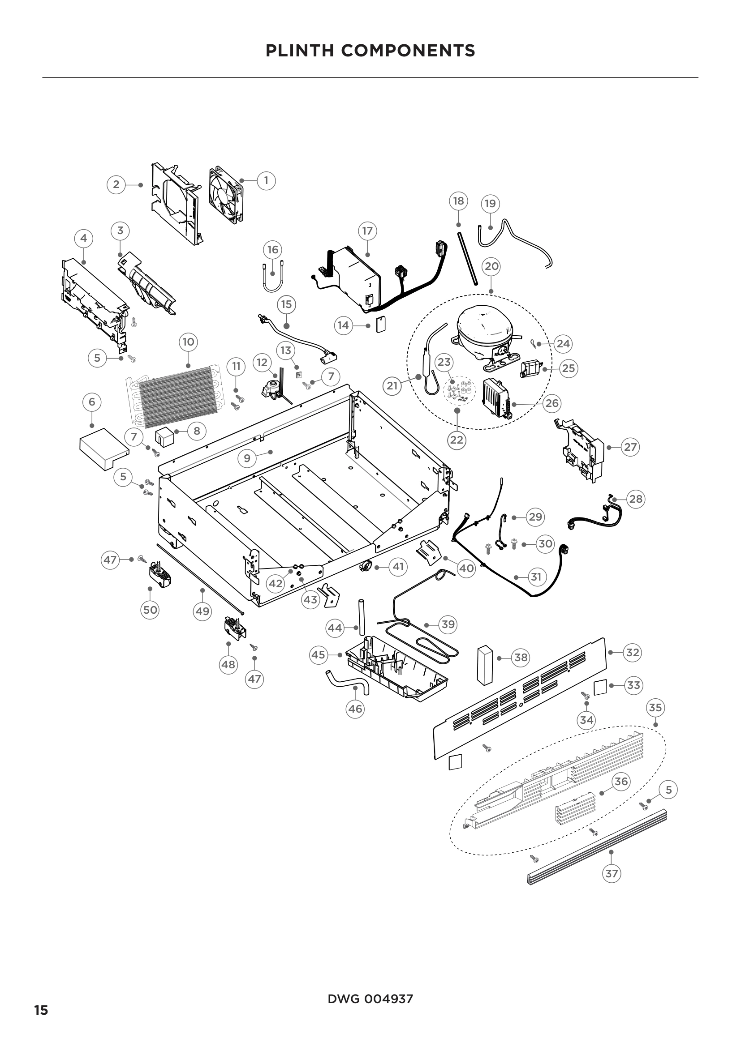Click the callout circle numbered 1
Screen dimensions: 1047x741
[x=267, y=180]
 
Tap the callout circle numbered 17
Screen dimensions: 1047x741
[x=368, y=231]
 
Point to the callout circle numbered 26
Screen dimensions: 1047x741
[x=552, y=403]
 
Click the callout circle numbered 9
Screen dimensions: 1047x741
[x=247, y=458]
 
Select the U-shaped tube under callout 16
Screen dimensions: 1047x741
[x=272, y=278]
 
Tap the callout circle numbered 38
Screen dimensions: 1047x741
[x=521, y=658]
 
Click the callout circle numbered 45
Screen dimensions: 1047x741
[x=318, y=655]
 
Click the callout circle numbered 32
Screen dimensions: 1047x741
[x=633, y=653]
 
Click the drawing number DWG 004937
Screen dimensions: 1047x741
[x=370, y=999]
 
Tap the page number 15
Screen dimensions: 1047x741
[x=41, y=1010]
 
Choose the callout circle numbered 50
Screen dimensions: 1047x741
[x=151, y=610]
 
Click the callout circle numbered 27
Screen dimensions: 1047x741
[x=630, y=447]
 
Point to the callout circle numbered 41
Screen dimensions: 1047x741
[x=398, y=567]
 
